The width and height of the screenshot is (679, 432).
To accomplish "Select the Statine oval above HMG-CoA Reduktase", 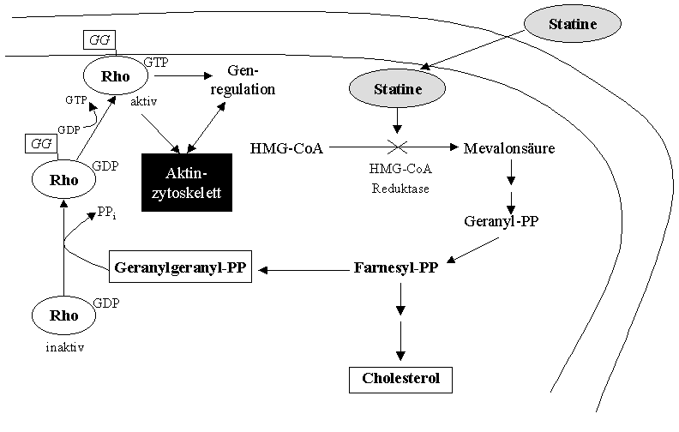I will click(397, 87).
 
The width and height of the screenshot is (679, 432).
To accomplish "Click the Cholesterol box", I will click(400, 379).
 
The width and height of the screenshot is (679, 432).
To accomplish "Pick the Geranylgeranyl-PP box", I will click(180, 269).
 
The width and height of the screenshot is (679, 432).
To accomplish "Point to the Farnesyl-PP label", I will click(396, 268).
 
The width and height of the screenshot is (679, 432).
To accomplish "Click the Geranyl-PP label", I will click(513, 221).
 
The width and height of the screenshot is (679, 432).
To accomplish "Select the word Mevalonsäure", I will click(509, 149).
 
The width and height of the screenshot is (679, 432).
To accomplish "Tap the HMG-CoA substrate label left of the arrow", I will click(287, 149).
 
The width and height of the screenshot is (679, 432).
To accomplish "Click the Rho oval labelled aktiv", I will click(114, 75).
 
